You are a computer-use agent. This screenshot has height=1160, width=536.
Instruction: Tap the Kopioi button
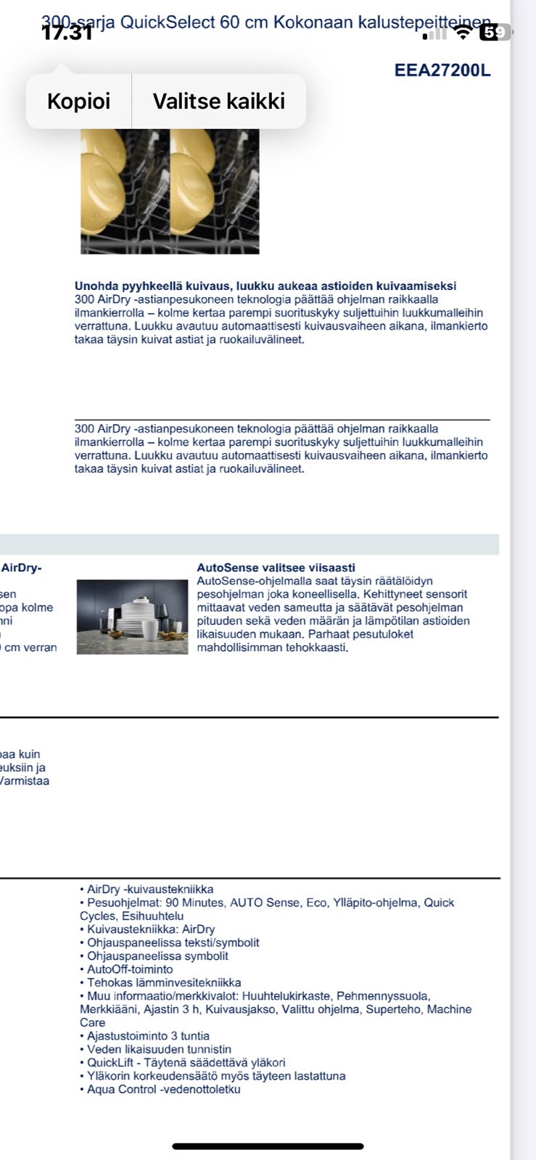click(x=78, y=101)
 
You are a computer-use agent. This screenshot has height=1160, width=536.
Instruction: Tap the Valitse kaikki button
click(x=218, y=101)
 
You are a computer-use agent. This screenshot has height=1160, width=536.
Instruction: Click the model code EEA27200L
click(x=442, y=70)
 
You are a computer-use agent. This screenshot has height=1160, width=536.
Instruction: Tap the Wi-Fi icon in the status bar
click(x=462, y=32)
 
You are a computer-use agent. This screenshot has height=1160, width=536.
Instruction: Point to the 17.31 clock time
click(x=67, y=33)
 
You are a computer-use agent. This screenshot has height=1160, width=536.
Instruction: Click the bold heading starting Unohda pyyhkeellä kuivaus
click(x=265, y=286)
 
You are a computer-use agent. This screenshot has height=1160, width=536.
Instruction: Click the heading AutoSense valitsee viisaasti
click(x=276, y=568)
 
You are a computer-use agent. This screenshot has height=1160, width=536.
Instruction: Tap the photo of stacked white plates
click(x=132, y=617)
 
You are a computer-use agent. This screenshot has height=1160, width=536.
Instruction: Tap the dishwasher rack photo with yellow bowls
click(x=170, y=191)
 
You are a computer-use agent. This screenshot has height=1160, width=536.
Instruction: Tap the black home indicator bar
click(x=268, y=1146)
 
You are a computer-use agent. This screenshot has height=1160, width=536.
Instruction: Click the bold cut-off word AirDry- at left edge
click(x=22, y=568)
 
